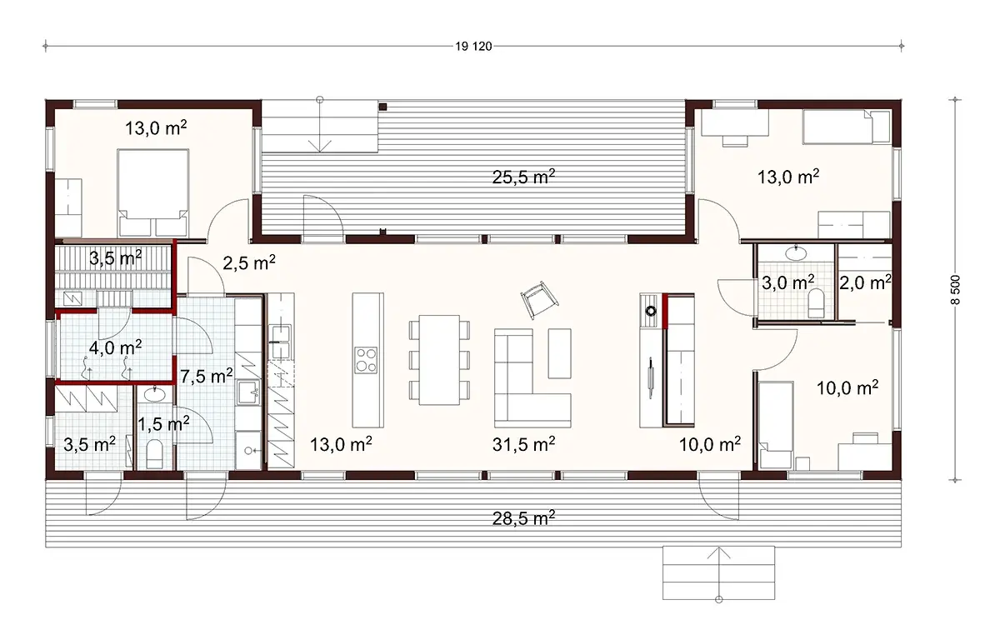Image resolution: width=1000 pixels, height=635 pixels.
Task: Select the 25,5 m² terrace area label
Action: click(x=523, y=177)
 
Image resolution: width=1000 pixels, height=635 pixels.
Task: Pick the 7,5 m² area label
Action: click(x=207, y=376)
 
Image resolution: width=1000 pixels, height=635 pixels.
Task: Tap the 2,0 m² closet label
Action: click(x=865, y=282)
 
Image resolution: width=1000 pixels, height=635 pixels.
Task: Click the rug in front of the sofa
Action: click(x=559, y=353)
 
